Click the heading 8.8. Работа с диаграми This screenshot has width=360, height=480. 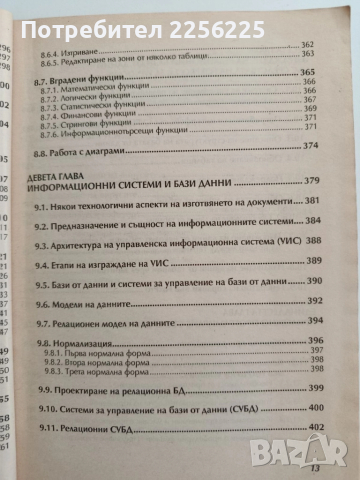click(101, 174)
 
